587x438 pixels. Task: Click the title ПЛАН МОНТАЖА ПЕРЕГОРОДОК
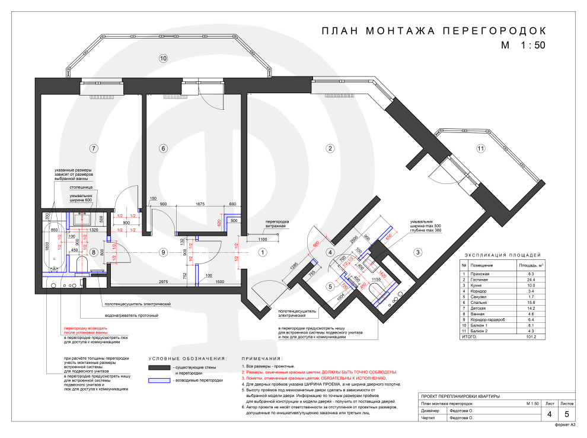pos(432,31)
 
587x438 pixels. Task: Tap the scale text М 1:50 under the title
pos(522,45)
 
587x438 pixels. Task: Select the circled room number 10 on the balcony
pos(163,58)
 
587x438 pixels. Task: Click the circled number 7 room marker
pos(92,148)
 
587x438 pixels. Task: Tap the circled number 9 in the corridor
pos(163,253)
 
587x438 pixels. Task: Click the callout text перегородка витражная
pos(276,224)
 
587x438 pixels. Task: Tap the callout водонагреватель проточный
pos(132,316)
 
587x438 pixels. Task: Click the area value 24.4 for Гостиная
pos(528,280)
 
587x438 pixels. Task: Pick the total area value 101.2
pos(528,337)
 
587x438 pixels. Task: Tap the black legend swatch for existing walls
pos(158,369)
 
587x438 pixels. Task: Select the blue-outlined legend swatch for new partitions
pos(158,380)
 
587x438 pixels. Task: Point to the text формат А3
pos(564,425)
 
